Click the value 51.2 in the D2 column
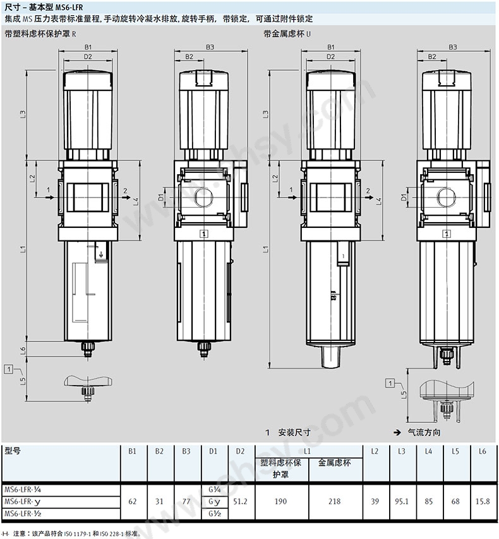point(240,502)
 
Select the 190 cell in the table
point(281,502)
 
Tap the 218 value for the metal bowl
point(335,502)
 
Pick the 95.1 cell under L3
point(402,502)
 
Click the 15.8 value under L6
point(483,502)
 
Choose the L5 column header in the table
point(455,451)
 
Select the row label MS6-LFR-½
point(23,514)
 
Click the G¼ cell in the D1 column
point(214,489)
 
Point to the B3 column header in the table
point(186,451)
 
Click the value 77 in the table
point(186,502)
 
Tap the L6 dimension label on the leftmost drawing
point(23,351)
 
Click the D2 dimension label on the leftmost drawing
point(88,56)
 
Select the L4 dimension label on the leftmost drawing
point(136,201)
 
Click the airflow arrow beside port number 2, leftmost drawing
point(126,198)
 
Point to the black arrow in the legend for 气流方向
point(397,432)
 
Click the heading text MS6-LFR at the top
point(69,7)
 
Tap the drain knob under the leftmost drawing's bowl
point(88,348)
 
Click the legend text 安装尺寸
point(294,432)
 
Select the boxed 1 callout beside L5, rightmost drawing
point(390,383)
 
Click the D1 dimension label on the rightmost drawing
point(404,198)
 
